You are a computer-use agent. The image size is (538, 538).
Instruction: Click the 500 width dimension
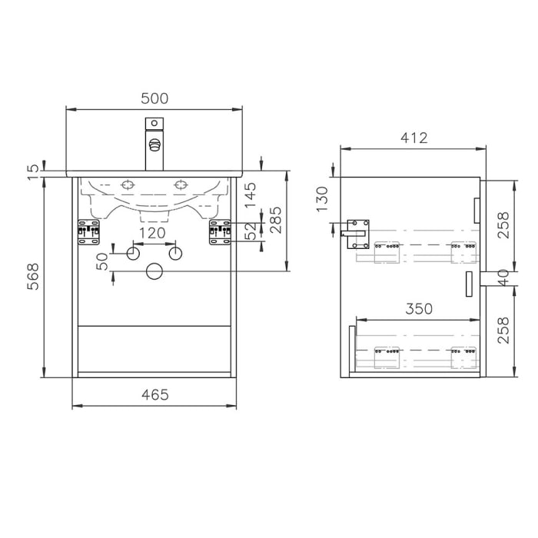pos(154,98)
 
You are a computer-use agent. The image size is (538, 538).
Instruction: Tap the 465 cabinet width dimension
pos(154,394)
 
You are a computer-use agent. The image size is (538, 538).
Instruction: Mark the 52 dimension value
pos(250,231)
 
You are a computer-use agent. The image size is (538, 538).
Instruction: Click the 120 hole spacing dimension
pos(152,233)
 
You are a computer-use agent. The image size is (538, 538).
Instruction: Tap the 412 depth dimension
pos(413,138)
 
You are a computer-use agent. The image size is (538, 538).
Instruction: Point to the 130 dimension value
pos(323,198)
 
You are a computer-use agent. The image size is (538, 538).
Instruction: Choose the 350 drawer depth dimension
pos(419,308)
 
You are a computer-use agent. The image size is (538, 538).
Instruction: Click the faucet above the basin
pos(154,144)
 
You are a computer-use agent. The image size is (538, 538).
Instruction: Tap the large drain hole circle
pos(154,271)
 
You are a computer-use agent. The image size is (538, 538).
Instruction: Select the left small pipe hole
pos(132,252)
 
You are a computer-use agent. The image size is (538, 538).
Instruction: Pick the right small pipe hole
pos(174,252)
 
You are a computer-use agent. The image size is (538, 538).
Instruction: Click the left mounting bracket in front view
pos(88,232)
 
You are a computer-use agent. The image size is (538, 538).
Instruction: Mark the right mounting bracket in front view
pos(220,232)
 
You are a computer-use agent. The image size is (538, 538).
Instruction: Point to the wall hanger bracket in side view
pos(357,232)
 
